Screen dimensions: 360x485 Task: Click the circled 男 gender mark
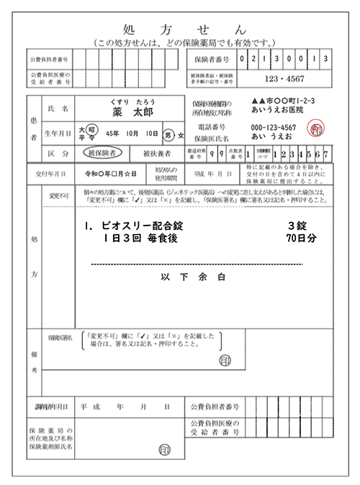coord(168,135)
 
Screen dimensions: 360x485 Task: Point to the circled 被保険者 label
coord(104,153)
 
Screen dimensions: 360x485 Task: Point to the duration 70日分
coord(301,237)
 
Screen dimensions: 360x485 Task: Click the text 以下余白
coord(194,276)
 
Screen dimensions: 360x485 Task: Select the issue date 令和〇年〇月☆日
coord(107,174)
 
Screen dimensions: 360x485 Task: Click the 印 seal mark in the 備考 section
coord(225,359)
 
